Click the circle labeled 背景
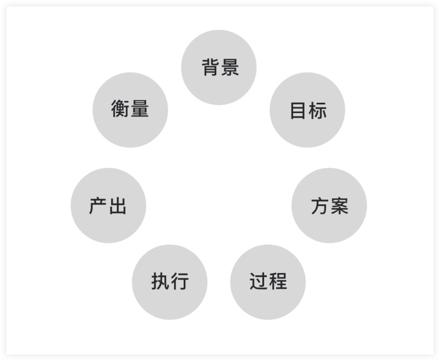coord(219,67)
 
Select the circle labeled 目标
coord(307,110)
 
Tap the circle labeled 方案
coord(329,206)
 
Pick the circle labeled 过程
coord(268,282)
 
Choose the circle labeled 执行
coord(170,282)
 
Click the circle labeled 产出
coord(108,206)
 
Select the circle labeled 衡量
coord(130,110)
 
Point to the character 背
coord(211,67)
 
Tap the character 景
coord(230,67)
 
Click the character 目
coord(298,110)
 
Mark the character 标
coord(318,110)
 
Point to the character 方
coord(320,206)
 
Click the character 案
coord(339,206)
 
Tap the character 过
coord(258,281)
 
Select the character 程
coord(278,281)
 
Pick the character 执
coord(161,281)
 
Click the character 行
coord(180,281)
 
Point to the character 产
coord(98,206)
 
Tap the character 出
coord(118,206)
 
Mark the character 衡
coord(120,109)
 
